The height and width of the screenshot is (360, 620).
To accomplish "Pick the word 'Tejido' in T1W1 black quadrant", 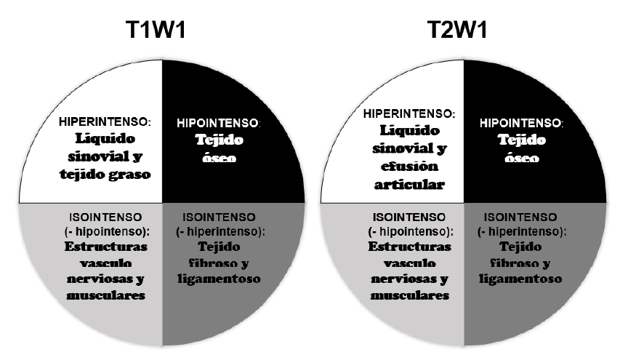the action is [218, 140].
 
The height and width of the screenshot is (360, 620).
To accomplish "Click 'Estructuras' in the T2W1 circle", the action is [408, 247].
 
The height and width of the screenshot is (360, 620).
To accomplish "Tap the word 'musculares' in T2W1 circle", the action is [408, 295].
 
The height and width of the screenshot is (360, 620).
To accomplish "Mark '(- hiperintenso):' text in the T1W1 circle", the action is [218, 231].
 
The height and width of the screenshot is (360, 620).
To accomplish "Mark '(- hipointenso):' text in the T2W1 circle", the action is [408, 231].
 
